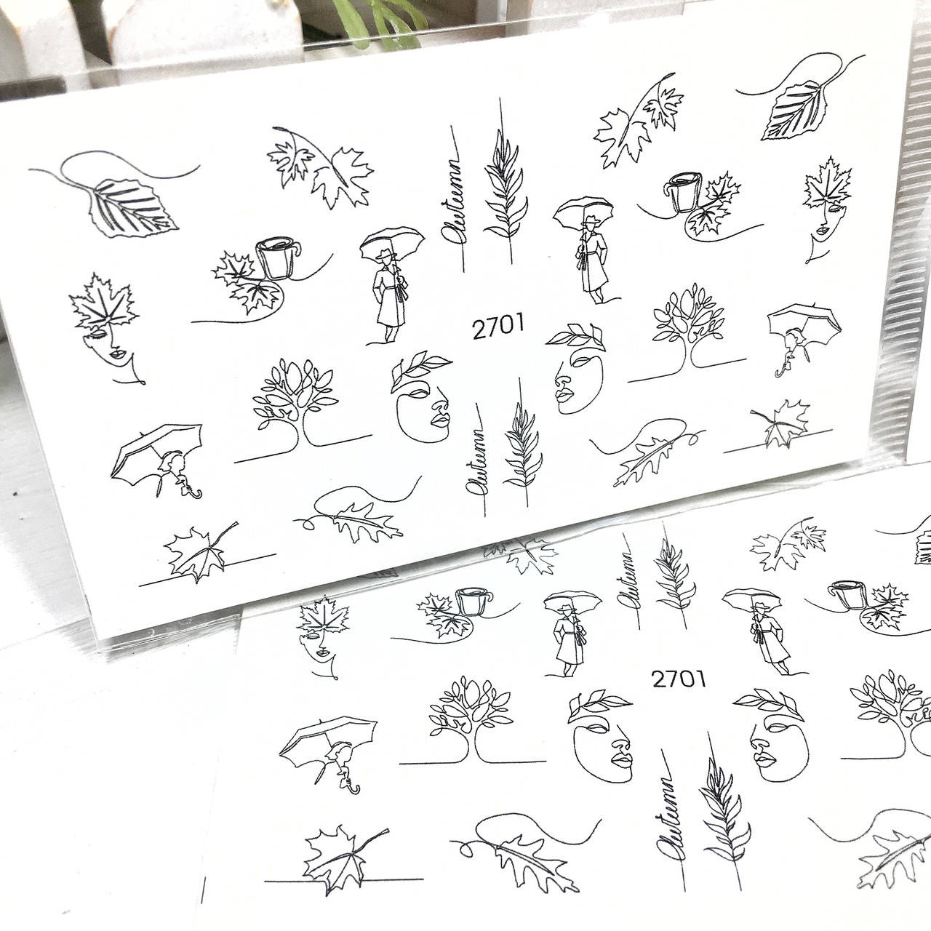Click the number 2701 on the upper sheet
click(x=498, y=327)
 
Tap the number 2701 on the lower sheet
click(x=679, y=679)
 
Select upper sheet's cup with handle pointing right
click(x=278, y=257)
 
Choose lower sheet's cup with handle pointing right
click(x=474, y=601)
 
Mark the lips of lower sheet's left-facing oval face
click(x=764, y=760)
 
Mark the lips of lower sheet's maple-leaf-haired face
click(x=323, y=654)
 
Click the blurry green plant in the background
click(x=377, y=22)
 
